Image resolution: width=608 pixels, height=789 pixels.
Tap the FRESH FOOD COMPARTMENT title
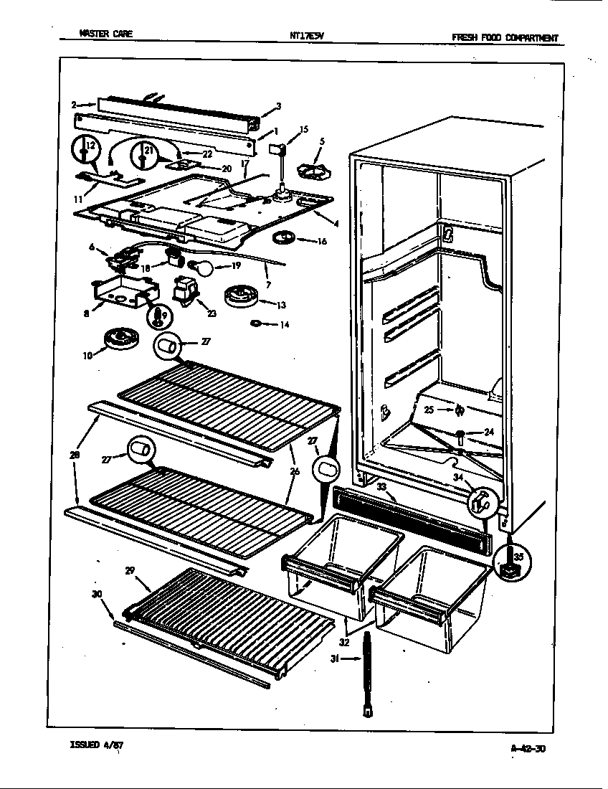click(505, 38)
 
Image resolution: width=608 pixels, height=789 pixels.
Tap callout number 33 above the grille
click(381, 487)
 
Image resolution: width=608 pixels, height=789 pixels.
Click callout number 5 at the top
click(322, 141)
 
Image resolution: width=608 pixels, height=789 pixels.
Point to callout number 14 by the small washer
click(285, 325)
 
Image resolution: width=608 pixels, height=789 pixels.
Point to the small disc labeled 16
click(285, 238)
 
